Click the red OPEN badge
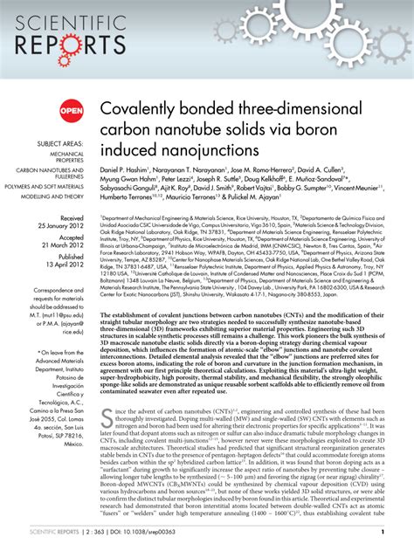click(72, 110)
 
